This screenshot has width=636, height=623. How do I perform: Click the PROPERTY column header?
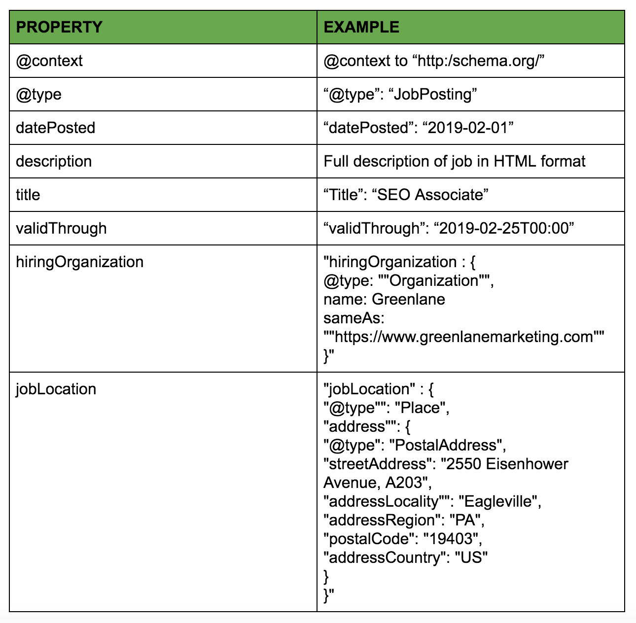(59, 27)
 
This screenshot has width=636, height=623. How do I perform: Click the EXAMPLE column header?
(361, 27)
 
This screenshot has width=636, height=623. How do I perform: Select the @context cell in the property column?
(49, 61)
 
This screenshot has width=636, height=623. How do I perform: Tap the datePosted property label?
(55, 128)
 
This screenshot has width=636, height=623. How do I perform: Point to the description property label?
(54, 161)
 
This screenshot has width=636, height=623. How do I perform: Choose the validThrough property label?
(62, 228)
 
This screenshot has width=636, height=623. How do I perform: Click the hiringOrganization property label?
(80, 262)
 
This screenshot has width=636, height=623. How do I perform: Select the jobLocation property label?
(56, 389)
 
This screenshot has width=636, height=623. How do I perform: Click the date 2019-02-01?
(467, 128)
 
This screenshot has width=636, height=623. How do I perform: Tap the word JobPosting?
(432, 95)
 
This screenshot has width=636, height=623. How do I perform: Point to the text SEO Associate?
(430, 195)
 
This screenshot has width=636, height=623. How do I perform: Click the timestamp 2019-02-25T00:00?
(504, 228)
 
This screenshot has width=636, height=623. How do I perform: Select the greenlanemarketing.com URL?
(464, 337)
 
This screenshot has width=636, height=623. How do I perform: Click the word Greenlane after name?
(408, 299)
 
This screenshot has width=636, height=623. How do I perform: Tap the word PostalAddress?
(446, 445)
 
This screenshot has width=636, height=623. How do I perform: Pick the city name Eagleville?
(498, 502)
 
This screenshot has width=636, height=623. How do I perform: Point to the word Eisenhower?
(527, 464)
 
